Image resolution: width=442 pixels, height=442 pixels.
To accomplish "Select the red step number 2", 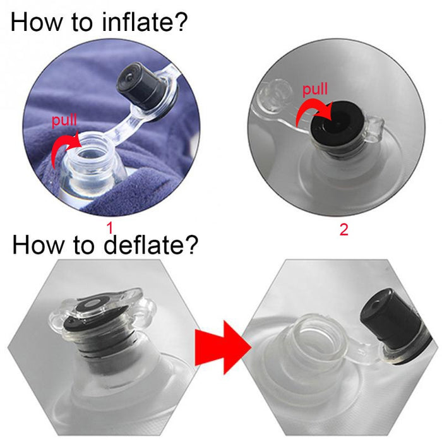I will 343,229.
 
